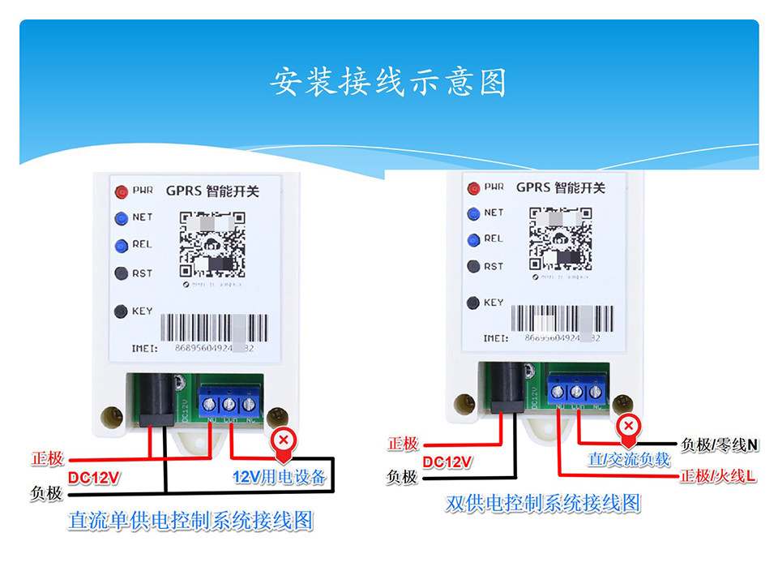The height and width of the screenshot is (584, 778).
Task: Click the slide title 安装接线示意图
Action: coord(388,82)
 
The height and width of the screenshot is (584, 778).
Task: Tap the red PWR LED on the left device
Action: coord(122,192)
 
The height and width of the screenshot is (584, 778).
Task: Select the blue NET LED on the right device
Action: coord(473,213)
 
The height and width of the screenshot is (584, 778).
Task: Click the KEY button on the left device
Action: coord(121,311)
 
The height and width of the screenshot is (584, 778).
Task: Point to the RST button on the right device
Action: coord(473,266)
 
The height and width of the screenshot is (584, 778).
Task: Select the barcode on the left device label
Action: coord(216,328)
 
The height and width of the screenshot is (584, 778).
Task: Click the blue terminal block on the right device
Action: coord(577,388)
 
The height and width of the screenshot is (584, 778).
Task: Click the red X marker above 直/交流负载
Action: coord(628,425)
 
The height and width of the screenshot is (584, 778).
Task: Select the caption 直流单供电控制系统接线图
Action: coord(190,521)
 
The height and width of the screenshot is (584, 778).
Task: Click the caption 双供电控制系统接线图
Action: coord(543,504)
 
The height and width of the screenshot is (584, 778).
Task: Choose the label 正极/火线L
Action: coord(718,476)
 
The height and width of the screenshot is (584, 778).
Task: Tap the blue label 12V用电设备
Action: coord(279,477)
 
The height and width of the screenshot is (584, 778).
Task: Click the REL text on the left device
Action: coord(142,244)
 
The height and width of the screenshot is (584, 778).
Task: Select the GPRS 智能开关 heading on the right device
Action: coord(558,187)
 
